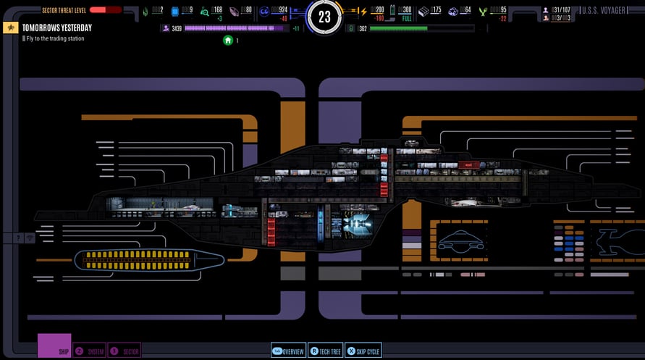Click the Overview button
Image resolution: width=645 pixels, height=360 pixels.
[288, 351]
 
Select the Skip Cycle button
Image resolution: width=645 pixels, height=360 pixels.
[363, 351]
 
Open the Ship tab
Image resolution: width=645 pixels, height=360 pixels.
[54, 346]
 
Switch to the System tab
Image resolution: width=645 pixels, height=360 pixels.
[90, 351]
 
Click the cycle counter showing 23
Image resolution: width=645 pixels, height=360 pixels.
[324, 16]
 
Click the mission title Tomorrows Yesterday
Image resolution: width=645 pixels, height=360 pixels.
[56, 28]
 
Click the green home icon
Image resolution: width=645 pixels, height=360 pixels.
[228, 41]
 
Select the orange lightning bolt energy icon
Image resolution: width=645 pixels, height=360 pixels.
[363, 11]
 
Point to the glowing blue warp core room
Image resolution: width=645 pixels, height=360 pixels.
[355, 225]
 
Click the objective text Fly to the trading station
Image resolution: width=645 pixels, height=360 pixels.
[55, 38]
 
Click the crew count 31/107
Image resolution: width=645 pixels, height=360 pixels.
[562, 10]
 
